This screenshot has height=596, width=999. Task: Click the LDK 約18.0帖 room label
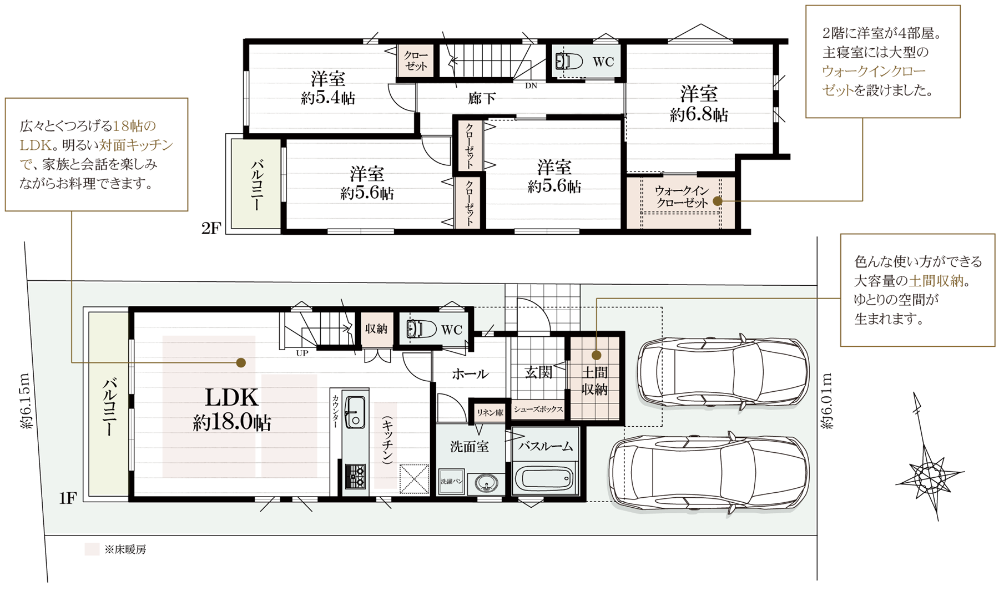click(x=232, y=410)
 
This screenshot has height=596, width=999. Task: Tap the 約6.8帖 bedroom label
click(x=699, y=104)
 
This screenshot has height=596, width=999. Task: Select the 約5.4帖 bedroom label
click(x=328, y=88)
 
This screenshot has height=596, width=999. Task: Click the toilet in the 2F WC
click(x=569, y=61)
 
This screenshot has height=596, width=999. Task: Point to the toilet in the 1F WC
click(x=421, y=329)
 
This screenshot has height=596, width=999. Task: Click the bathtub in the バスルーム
click(x=544, y=478)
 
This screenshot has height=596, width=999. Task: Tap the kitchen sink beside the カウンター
click(x=355, y=412)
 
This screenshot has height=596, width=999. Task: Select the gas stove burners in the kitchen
click(x=355, y=476)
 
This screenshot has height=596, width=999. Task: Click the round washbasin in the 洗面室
click(x=487, y=484)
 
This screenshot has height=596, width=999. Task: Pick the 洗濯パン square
click(x=451, y=482)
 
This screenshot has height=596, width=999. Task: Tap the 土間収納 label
click(x=594, y=381)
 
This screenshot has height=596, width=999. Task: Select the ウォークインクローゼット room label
click(x=682, y=197)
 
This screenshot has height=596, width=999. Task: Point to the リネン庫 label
click(x=490, y=413)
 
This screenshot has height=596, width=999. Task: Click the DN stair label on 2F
click(x=531, y=85)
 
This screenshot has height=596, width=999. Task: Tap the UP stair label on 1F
click(x=302, y=353)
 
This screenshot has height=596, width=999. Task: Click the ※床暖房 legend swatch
click(x=92, y=549)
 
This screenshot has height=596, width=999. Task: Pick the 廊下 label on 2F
click(x=481, y=99)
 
